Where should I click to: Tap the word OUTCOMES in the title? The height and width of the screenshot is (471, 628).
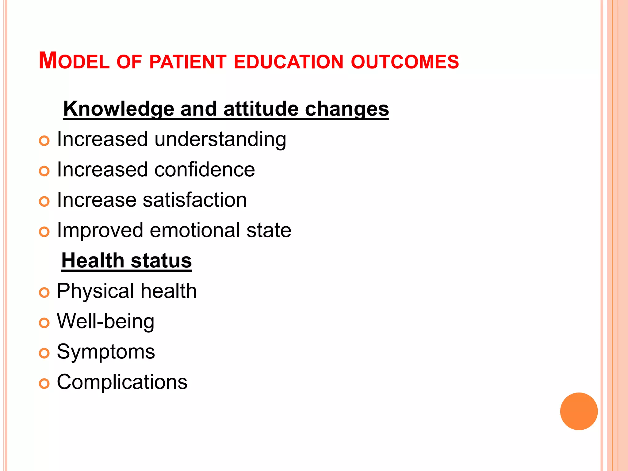[x=405, y=62]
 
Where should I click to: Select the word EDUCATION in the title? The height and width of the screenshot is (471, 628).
[x=288, y=62]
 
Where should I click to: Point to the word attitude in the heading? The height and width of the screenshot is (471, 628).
[x=261, y=109]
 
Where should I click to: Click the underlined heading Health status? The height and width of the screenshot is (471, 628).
[x=127, y=261]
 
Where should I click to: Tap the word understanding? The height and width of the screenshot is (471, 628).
[x=220, y=140]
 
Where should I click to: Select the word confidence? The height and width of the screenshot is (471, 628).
[x=205, y=170]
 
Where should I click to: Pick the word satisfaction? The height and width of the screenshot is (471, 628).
[x=195, y=200]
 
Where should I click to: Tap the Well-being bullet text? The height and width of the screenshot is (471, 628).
[x=105, y=321]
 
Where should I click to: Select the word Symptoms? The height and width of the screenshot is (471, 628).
[x=106, y=352]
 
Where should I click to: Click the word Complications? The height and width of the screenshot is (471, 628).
[x=122, y=382]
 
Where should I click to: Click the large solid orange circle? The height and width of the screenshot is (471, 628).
[x=579, y=411]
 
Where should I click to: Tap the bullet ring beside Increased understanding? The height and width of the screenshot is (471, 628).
[x=44, y=141]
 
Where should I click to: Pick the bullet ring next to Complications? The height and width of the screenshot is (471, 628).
[x=44, y=384]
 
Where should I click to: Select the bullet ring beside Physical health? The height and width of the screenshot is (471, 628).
[x=44, y=293]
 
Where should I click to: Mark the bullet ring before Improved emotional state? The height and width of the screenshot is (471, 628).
[x=44, y=232]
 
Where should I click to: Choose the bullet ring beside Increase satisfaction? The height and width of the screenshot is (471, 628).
[x=44, y=201]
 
